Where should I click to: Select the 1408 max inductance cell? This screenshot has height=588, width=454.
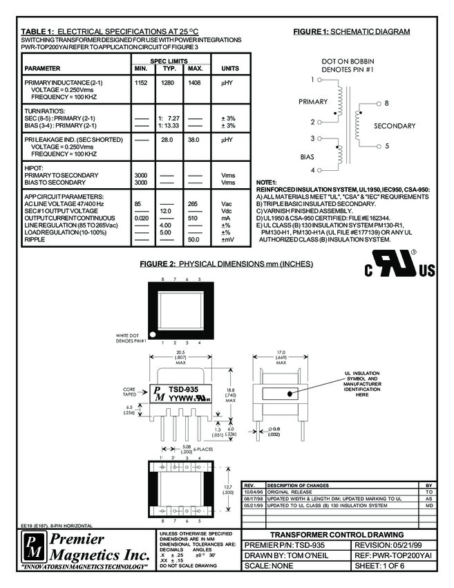tap(195, 83)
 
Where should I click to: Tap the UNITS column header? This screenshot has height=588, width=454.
tap(229, 69)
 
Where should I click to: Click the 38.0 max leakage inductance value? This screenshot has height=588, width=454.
tap(195, 140)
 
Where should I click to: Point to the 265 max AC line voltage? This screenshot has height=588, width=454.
tap(194, 204)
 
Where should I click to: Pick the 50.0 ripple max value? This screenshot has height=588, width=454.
tap(195, 240)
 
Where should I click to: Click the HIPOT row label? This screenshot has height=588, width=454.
tap(34, 168)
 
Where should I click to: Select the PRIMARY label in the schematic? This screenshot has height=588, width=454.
tap(313, 102)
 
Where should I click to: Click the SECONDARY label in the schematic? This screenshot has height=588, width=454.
tap(395, 126)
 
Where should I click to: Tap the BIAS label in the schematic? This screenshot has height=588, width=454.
tap(307, 156)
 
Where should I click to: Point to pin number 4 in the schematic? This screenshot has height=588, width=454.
tap(312, 169)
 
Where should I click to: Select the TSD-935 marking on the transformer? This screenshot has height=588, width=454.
tap(185, 389)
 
